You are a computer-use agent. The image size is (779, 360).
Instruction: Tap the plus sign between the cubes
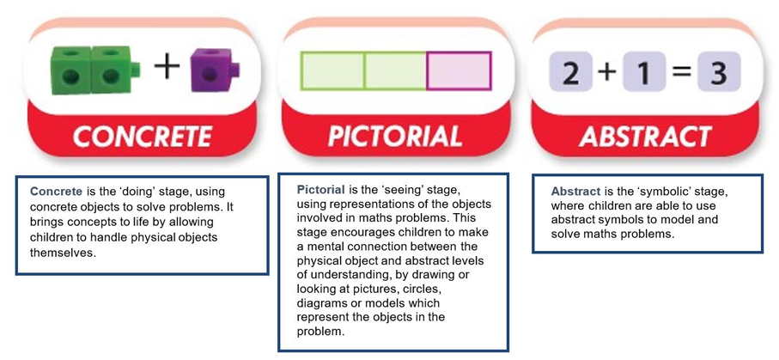(x=167, y=68)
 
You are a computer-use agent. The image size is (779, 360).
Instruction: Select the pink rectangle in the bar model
(x=459, y=71)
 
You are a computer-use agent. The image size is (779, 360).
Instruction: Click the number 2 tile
(x=570, y=72)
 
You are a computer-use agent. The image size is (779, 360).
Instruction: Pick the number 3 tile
(x=719, y=72)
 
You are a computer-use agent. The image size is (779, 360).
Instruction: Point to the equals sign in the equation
(x=682, y=72)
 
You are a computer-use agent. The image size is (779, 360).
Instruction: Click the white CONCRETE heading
(x=143, y=137)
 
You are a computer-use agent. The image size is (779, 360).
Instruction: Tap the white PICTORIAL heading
(x=395, y=137)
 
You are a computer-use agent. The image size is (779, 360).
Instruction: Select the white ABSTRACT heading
(x=645, y=137)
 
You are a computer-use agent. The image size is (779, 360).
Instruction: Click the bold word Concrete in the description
(x=56, y=191)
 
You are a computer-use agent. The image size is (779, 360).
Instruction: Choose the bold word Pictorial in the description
(x=321, y=189)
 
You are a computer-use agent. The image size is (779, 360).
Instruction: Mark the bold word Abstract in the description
(x=576, y=192)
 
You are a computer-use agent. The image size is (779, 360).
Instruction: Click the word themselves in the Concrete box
(x=62, y=253)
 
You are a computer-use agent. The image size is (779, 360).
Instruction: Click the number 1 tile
(x=644, y=72)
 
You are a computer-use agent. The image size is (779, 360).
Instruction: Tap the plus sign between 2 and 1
(x=606, y=72)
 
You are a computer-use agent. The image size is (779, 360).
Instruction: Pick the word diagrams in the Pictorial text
(x=319, y=303)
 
